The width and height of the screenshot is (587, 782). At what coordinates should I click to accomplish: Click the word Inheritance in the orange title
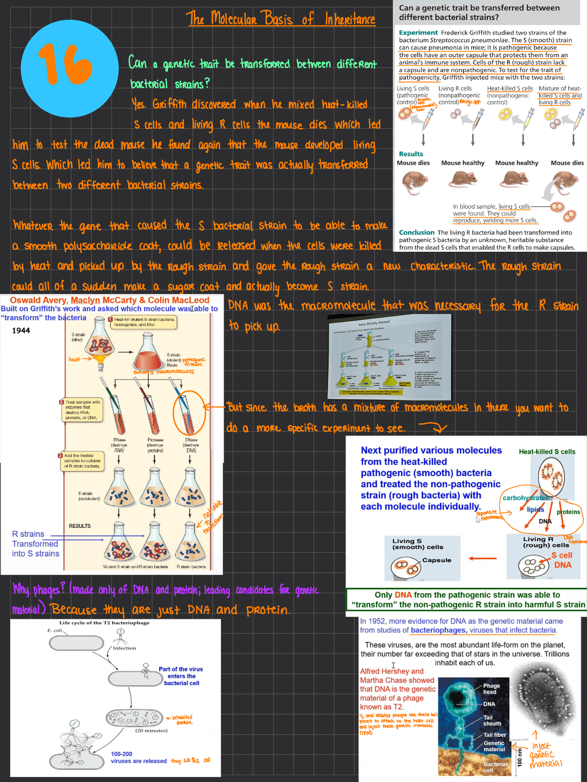(x=350, y=20)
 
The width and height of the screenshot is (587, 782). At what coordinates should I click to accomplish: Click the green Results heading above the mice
(x=411, y=154)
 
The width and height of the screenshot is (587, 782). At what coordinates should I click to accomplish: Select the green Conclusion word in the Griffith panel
(x=416, y=233)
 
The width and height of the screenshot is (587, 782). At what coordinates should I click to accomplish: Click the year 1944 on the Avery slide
(x=21, y=331)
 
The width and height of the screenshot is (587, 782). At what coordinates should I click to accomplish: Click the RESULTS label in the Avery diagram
(x=80, y=526)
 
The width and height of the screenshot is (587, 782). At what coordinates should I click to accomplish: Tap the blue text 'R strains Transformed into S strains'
(x=35, y=544)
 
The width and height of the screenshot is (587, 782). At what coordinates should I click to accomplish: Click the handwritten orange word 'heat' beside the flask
(x=74, y=359)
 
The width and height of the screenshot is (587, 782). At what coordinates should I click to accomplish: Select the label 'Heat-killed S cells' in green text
(x=547, y=452)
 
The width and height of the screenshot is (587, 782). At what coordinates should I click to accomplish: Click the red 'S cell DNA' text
(x=562, y=560)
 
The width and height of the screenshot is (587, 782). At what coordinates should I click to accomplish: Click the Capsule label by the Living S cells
(x=436, y=560)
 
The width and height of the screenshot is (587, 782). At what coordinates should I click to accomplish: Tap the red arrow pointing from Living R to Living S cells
(x=482, y=558)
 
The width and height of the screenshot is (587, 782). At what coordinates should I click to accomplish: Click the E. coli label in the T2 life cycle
(x=56, y=630)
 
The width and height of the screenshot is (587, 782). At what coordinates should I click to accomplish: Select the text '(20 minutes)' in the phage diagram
(x=151, y=731)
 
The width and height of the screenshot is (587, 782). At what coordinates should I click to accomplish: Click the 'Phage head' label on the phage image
(x=491, y=689)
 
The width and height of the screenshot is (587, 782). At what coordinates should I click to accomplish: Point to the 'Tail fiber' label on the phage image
(x=495, y=735)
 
